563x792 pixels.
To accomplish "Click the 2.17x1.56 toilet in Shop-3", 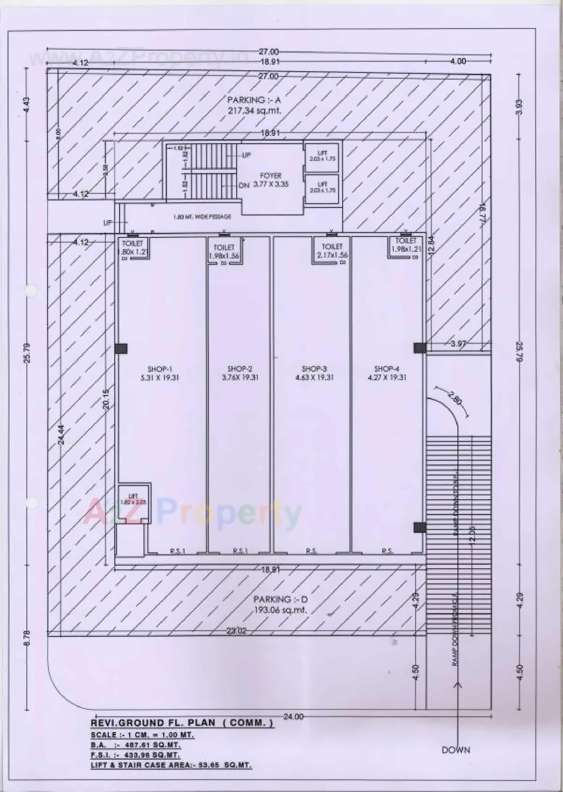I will pyautogui.click(x=332, y=251).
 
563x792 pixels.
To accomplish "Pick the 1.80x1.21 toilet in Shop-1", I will pyautogui.click(x=132, y=248).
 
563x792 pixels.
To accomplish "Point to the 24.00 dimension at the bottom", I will pyautogui.click(x=293, y=716).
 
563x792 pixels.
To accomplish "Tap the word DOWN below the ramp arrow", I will pyautogui.click(x=456, y=750).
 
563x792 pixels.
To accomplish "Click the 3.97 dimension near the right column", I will pyautogui.click(x=458, y=344).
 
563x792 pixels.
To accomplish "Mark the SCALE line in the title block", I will pyautogui.click(x=143, y=735).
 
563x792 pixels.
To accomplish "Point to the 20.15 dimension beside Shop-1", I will pyautogui.click(x=106, y=399).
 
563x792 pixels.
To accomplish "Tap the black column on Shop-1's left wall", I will pyautogui.click(x=121, y=349).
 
